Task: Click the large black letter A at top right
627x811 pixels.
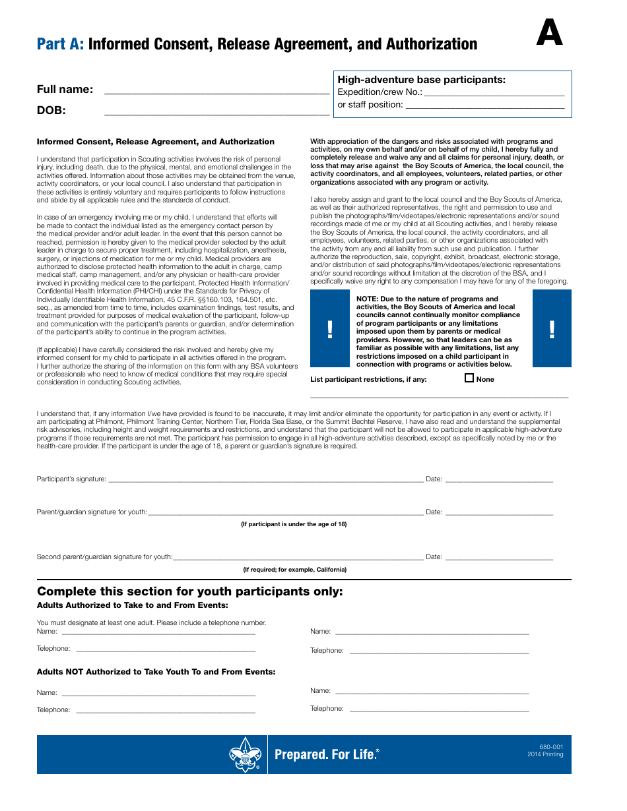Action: tap(549, 33)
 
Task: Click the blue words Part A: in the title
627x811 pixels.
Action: tap(60, 44)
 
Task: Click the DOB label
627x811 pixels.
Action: tap(51, 110)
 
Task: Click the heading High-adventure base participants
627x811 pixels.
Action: tap(421, 80)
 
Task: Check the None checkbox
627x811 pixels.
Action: tap(469, 378)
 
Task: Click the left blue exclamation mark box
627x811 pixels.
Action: tap(330, 328)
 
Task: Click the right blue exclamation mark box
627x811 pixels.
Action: tap(552, 328)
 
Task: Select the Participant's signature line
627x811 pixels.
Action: tap(265, 481)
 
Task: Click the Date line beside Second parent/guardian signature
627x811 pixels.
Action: tap(499, 558)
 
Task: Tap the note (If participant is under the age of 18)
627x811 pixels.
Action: tap(293, 524)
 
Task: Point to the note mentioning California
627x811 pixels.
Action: tap(294, 570)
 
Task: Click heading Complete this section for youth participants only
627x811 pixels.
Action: tap(190, 591)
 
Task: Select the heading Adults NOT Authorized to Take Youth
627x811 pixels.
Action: tap(156, 672)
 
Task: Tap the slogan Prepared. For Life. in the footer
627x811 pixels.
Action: tap(327, 754)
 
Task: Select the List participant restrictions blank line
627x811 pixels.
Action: tap(439, 395)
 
